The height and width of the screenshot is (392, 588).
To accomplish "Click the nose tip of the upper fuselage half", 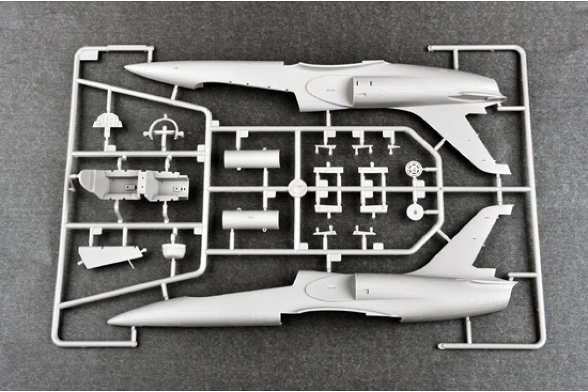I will coord(128,68).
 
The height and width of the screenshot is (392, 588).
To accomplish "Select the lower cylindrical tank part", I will coord(251,220).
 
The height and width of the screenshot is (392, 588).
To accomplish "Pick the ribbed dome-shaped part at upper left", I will coord(108,121).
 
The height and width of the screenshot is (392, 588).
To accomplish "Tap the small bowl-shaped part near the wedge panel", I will coord(173,250).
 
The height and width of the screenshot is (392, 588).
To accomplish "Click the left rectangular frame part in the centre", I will coord(328,190).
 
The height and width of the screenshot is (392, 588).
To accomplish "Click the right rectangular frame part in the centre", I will coord(373,190).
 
